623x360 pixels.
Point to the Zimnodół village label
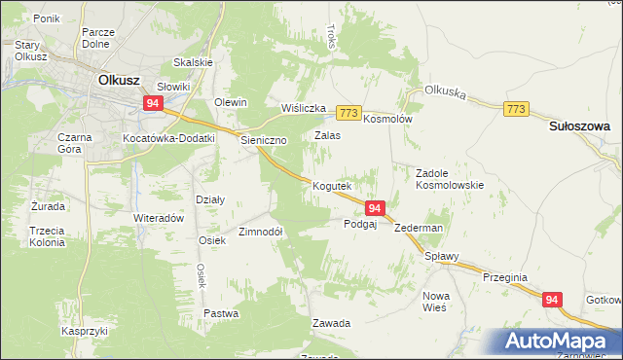pos(260,232)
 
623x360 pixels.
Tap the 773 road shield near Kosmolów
pos(350,113)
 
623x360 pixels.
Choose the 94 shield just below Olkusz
pos(154,103)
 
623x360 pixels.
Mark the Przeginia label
pos(504,276)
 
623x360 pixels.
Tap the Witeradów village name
pos(159,218)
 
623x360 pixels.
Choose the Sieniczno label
pos(264,140)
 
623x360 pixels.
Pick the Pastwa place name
pos(221,313)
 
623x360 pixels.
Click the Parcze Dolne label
pos(99,37)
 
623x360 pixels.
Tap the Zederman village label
pos(419,228)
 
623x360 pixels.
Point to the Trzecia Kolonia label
pos(46,235)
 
